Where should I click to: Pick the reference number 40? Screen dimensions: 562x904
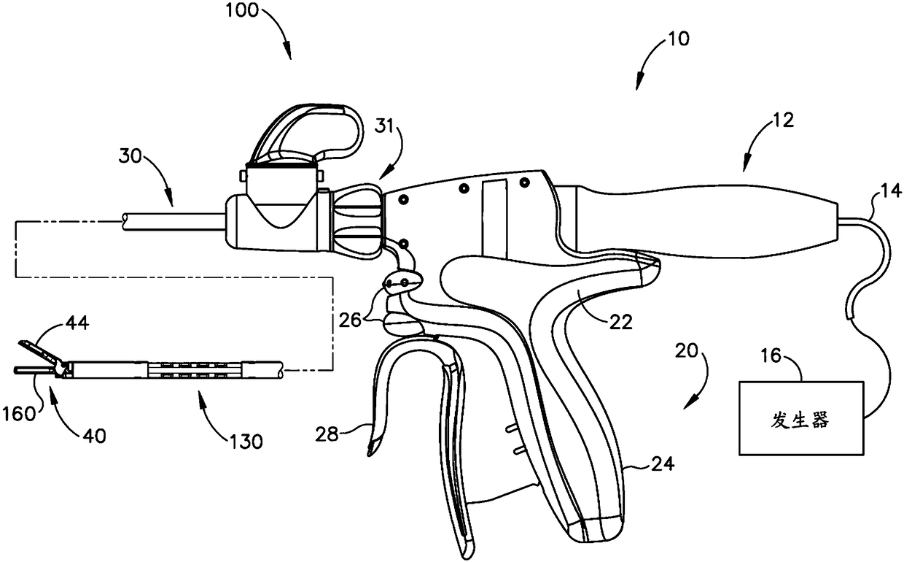(94, 436)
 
